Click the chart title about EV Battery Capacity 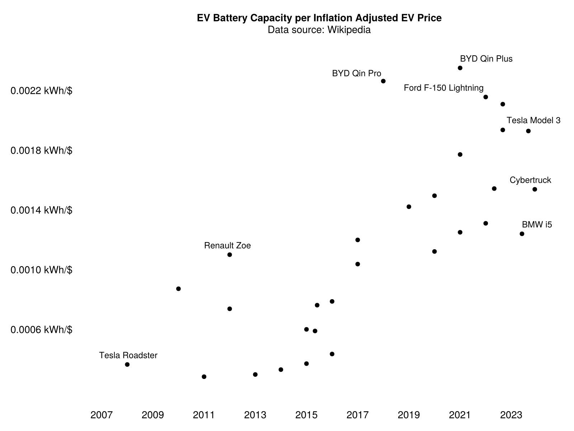(x=319, y=18)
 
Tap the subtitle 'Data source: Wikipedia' (x=319, y=30)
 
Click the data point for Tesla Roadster (x=127, y=365)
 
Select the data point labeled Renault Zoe (x=230, y=255)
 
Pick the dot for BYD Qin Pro (x=383, y=81)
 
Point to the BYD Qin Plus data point (x=460, y=68)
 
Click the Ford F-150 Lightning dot (x=486, y=97)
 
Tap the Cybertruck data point (x=535, y=189)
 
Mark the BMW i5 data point (x=522, y=234)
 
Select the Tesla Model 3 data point (x=528, y=131)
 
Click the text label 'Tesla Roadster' (x=128, y=355)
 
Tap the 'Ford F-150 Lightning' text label (x=443, y=88)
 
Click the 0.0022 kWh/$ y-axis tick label (x=41, y=91)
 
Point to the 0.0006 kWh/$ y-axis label (x=41, y=330)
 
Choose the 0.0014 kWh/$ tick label (x=41, y=210)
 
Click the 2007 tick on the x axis (x=102, y=415)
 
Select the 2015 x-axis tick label (x=306, y=415)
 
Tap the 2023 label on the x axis (x=511, y=415)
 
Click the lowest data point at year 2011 (x=204, y=377)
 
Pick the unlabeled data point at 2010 (x=178, y=289)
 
